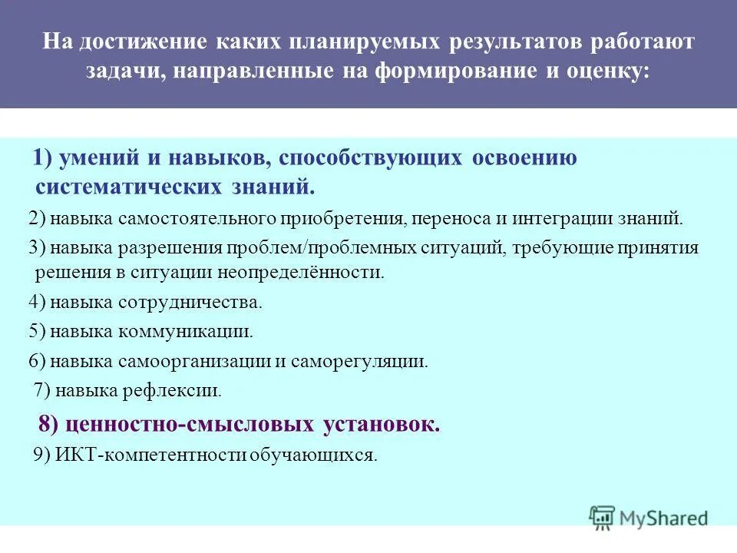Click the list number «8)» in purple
coord(48,424)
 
